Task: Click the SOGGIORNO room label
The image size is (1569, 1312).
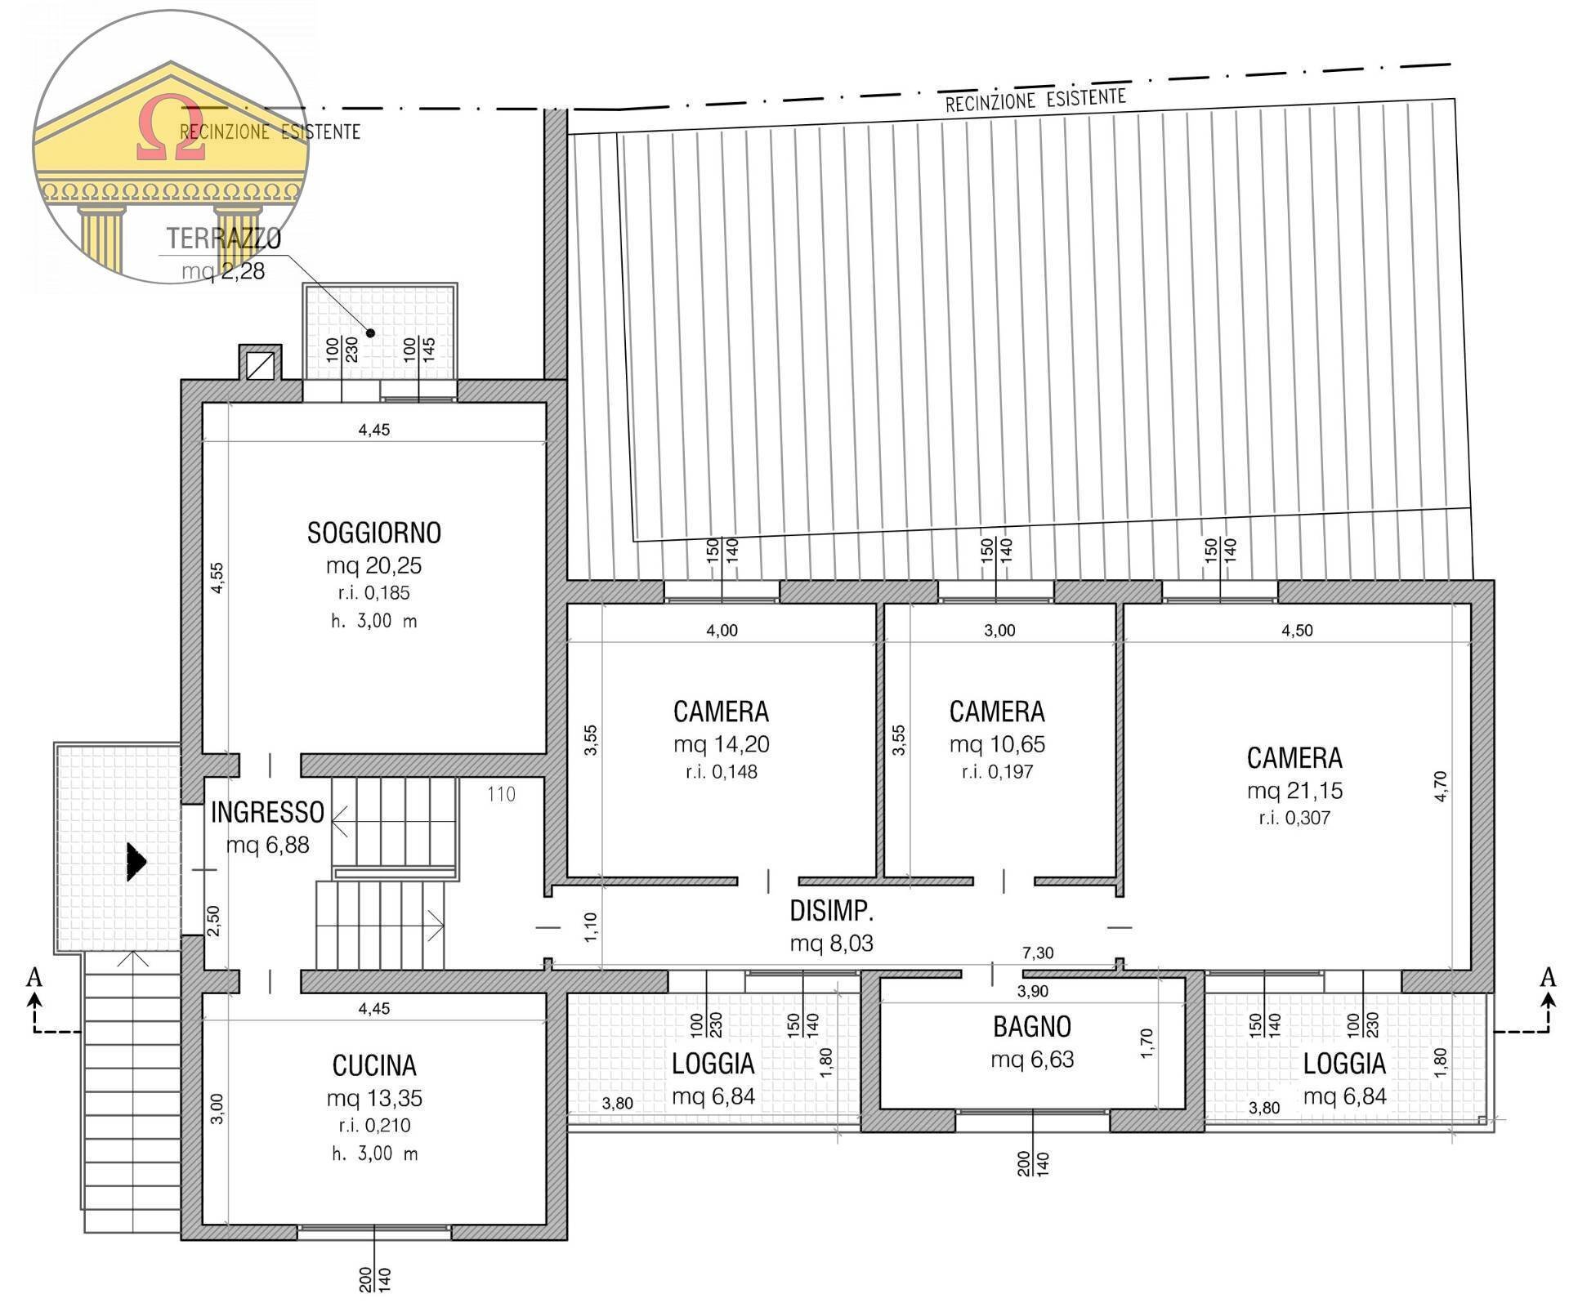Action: [x=374, y=533]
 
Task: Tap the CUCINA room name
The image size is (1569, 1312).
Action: [x=374, y=1065]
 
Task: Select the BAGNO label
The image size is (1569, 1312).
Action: [x=1032, y=1027]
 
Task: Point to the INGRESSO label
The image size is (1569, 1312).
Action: [x=267, y=812]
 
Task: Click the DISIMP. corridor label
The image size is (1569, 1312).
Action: [x=831, y=911]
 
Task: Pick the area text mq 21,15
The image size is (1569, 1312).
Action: [x=1294, y=790]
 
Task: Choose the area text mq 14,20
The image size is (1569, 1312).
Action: [x=722, y=744]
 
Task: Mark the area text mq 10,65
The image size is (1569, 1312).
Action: [x=997, y=744]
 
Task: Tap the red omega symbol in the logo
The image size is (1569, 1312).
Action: [x=171, y=129]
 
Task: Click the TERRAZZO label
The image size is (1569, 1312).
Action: [x=224, y=239]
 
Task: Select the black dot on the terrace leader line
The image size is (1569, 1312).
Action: [x=370, y=332]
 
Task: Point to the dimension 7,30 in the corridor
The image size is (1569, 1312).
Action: [x=1037, y=953]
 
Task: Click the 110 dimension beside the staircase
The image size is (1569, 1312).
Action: [x=501, y=794]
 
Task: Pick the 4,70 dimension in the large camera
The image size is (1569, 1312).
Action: [x=1441, y=786]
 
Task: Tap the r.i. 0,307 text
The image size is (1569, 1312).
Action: [x=1294, y=818]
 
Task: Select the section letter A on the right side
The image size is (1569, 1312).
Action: [x=1547, y=976]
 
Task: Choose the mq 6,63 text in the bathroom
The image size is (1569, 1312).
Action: [x=1032, y=1060]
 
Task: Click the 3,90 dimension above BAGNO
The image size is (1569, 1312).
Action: [x=1032, y=991]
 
